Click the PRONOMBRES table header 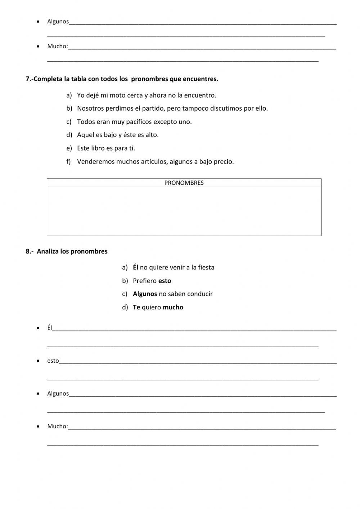(184, 183)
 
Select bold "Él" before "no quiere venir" (135, 267)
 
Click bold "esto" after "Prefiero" (165, 281)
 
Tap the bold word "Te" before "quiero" (136, 307)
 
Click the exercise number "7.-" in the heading (30, 79)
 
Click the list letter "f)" (69, 162)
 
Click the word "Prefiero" (145, 281)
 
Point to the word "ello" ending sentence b (261, 108)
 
